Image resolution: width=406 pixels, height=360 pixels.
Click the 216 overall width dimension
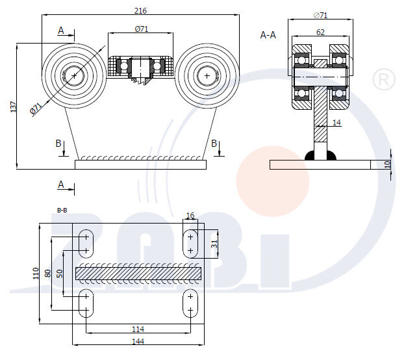140,10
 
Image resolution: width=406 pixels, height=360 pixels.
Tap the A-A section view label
268,34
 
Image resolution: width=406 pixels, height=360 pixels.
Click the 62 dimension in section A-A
321,31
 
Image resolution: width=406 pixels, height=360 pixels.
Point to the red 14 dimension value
336,122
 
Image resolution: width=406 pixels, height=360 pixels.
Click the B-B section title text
63,210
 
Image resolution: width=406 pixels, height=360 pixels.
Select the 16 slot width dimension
190,216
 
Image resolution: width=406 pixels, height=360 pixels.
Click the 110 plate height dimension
36,274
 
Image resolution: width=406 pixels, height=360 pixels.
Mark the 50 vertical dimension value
60,274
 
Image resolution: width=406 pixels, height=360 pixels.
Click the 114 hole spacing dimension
138,329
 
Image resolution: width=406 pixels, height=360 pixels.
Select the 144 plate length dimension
138,341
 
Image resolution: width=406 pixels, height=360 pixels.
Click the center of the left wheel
74,76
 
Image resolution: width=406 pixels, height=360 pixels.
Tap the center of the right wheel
207,76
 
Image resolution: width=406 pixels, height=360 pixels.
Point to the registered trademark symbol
383,81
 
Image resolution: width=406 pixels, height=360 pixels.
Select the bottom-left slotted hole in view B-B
85,303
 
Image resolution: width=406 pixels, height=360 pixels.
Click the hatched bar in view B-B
138,274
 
